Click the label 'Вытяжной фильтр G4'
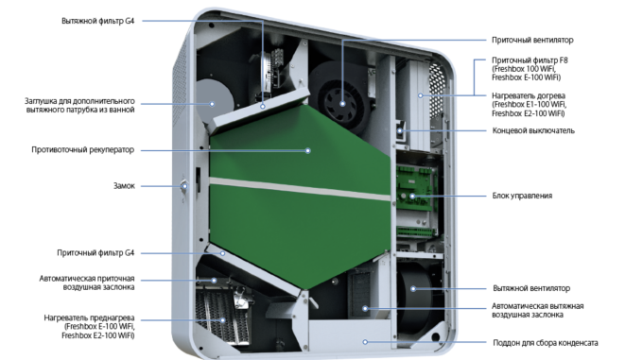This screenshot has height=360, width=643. (97, 21)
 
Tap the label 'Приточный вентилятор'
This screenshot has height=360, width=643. (532, 40)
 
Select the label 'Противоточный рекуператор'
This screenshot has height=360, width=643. (83, 150)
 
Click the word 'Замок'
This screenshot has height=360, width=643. (124, 186)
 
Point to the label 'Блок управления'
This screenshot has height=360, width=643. (522, 196)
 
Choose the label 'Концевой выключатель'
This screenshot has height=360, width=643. (533, 130)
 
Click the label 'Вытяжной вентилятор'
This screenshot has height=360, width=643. (531, 288)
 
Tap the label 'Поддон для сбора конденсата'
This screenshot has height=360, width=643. (545, 343)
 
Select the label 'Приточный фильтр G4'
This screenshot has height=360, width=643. (96, 253)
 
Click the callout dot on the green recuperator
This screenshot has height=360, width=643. (308, 151)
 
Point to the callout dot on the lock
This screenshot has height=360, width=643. (184, 186)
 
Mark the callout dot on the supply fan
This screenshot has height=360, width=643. (343, 104)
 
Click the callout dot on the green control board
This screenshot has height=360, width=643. (412, 197)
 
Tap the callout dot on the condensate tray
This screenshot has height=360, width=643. (365, 342)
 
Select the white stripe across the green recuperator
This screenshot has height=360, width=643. (300, 189)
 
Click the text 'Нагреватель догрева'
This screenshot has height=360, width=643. (529, 95)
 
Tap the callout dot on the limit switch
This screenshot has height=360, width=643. (400, 131)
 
